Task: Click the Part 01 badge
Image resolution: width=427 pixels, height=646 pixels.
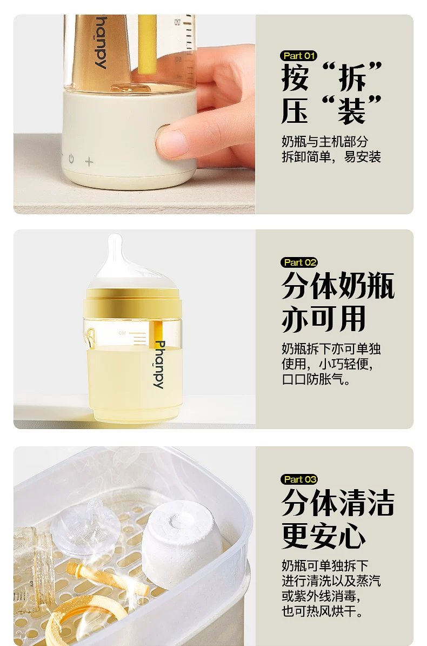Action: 299,56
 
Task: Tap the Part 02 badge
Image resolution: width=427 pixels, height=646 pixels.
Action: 299,262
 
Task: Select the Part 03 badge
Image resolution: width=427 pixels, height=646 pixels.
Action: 299,479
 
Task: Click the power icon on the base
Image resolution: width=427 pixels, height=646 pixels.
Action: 71,159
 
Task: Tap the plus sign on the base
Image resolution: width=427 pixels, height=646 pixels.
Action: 89,161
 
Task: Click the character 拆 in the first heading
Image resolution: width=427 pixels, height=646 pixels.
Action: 352,77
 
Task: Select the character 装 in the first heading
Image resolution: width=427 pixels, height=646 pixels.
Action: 352,110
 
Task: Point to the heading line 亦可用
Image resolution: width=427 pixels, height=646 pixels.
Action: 324,319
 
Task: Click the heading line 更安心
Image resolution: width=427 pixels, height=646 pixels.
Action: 324,536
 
